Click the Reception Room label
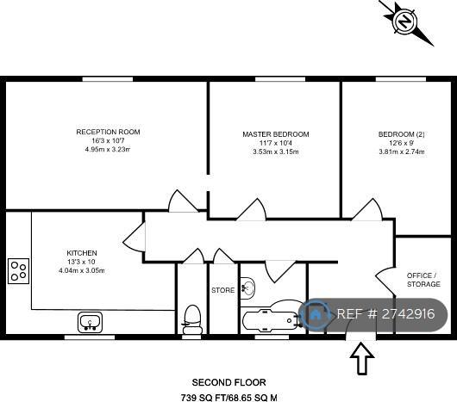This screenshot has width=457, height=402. click(x=108, y=132)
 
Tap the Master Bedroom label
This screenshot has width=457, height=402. click(x=276, y=134)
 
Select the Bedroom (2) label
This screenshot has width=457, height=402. click(x=401, y=134)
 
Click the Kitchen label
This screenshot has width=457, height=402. click(x=82, y=253)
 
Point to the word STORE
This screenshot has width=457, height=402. click(x=223, y=290)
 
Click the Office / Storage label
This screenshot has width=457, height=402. click(x=423, y=280)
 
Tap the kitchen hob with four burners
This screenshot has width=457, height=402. click(x=18, y=271)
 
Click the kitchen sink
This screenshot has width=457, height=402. click(x=90, y=322)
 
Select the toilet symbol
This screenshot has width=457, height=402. click(x=192, y=319)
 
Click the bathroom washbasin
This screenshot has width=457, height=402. click(x=247, y=288)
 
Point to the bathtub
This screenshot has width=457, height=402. click(x=272, y=320)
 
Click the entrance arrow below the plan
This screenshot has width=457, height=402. click(x=361, y=358)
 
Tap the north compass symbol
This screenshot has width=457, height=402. click(x=404, y=22)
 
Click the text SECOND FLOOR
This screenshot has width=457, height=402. click(x=228, y=382)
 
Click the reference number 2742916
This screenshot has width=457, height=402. click(x=409, y=314)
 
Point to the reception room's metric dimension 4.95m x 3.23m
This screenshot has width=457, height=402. click(x=108, y=150)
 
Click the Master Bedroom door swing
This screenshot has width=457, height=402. click(x=251, y=209)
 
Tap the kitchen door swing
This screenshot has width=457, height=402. click(x=134, y=237)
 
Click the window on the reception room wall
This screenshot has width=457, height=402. click(x=108, y=79)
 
